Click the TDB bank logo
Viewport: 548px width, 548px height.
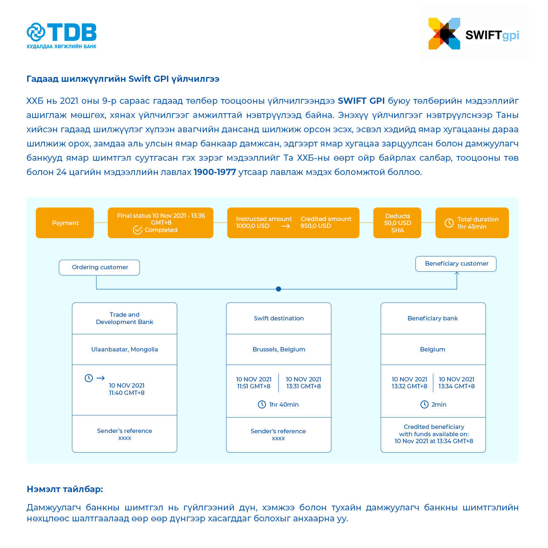(61, 35)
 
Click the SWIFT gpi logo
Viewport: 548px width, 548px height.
(473, 34)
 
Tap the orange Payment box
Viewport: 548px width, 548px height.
(65, 223)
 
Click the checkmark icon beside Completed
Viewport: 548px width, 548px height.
(137, 230)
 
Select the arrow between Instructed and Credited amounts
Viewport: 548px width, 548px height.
(286, 226)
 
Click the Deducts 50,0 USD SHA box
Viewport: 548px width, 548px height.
(397, 223)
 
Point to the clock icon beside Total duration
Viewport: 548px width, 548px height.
(449, 223)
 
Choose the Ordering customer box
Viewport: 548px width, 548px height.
(99, 267)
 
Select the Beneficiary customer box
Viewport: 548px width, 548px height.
(456, 264)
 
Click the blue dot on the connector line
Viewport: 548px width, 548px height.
(278, 289)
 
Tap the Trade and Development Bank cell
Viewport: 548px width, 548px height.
(125, 318)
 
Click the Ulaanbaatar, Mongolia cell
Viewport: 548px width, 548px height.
(125, 349)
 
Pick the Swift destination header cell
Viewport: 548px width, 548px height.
(279, 318)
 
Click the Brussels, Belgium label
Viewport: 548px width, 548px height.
(279, 349)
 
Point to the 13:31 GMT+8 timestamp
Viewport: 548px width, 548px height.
(304, 386)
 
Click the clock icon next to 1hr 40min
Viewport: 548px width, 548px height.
(262, 404)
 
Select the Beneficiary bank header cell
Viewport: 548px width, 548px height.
(433, 318)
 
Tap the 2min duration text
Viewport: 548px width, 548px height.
(439, 404)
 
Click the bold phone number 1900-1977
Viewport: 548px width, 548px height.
(215, 172)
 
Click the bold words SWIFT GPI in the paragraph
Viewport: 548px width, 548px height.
(361, 101)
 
